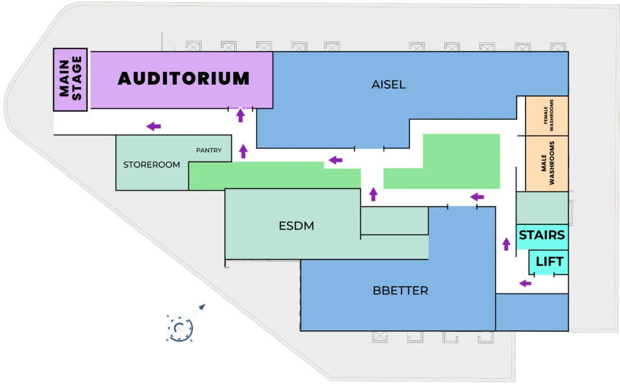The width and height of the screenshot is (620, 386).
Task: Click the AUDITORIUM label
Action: click(x=183, y=79)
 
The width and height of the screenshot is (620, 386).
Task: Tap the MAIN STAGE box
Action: click(x=71, y=79)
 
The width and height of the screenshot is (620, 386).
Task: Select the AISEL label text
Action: click(x=388, y=85)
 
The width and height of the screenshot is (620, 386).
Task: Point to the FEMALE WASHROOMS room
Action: click(x=547, y=116)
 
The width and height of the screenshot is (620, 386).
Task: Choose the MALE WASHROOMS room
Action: click(x=547, y=163)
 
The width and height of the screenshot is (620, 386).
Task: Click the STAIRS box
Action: click(x=542, y=235)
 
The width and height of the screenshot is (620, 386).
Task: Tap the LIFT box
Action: click(x=549, y=262)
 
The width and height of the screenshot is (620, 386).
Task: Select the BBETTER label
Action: click(x=400, y=291)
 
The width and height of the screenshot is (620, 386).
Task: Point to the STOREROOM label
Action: click(x=151, y=165)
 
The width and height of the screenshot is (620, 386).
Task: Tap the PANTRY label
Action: click(x=208, y=150)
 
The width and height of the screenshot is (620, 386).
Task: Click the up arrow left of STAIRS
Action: click(x=506, y=244)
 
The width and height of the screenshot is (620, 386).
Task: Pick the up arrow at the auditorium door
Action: click(x=240, y=115)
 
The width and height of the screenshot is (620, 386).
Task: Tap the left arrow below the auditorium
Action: click(x=154, y=126)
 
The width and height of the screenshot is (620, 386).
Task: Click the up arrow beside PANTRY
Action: click(x=243, y=151)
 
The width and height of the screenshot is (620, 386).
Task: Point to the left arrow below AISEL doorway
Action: click(x=335, y=160)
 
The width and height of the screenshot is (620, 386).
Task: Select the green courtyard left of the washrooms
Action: click(x=461, y=160)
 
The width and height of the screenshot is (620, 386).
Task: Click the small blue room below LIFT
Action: click(x=532, y=312)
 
